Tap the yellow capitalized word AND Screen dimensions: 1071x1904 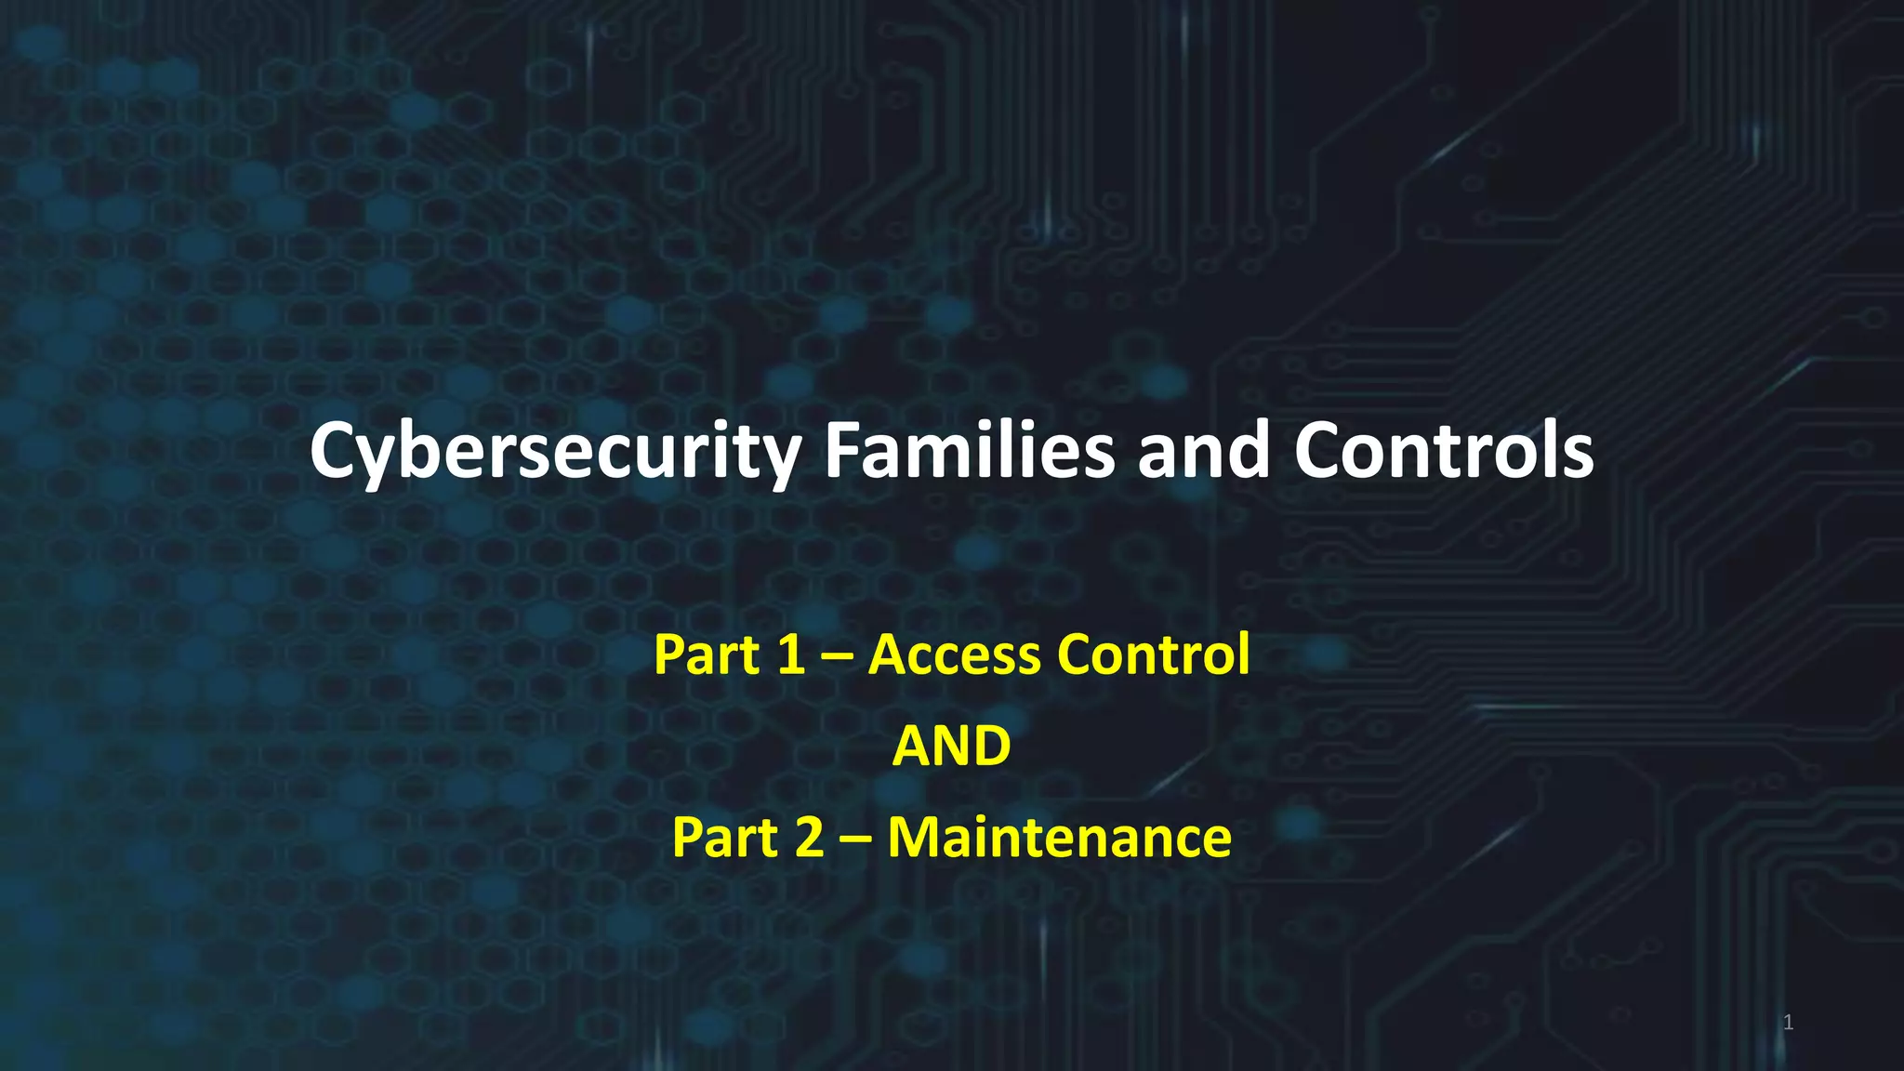coord(951,746)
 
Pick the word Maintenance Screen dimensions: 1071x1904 coord(1059,837)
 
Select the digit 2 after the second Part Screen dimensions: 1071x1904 coord(809,837)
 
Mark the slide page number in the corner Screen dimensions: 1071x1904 coord(1788,1023)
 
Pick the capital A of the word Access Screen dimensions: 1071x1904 coord(890,654)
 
